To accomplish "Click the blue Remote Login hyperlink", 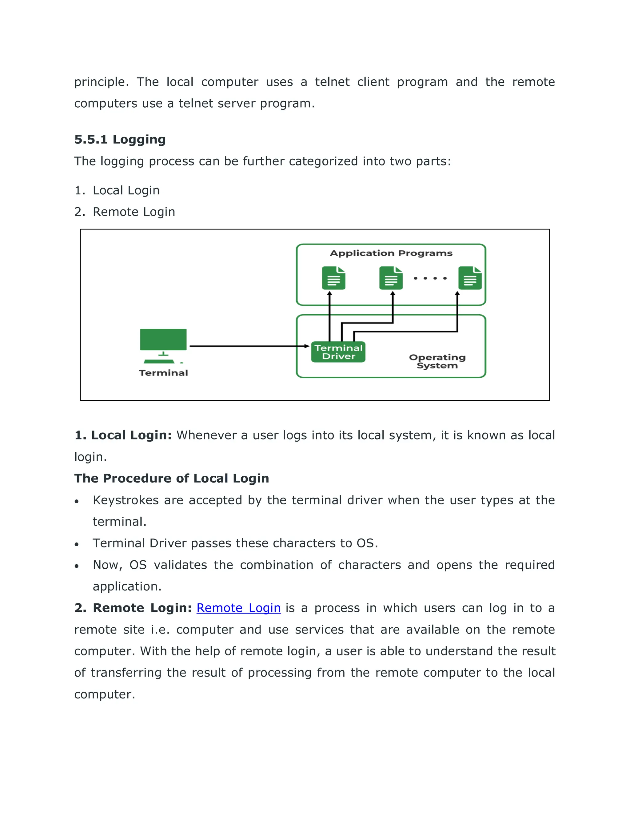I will click(x=238, y=608).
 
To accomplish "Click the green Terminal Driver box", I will click(x=338, y=352).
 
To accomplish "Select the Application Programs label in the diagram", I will click(x=391, y=253).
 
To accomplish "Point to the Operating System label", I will click(x=437, y=361).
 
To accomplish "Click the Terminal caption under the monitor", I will click(x=163, y=373).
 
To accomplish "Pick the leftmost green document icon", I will click(x=333, y=278).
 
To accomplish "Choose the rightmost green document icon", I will click(x=470, y=278).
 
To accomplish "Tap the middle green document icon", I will click(x=391, y=278).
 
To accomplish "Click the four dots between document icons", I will click(x=430, y=278).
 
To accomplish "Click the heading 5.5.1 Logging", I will click(x=120, y=140).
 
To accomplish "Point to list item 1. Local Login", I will click(x=117, y=190).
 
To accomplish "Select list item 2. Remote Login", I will click(x=124, y=212).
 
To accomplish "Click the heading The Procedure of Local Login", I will click(x=171, y=479).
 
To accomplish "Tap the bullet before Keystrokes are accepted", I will click(x=77, y=502).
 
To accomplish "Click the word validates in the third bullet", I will click(x=180, y=565).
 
